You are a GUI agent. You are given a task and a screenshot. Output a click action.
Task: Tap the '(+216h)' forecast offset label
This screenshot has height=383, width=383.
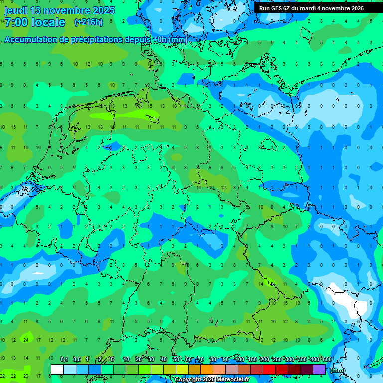click(x=88, y=22)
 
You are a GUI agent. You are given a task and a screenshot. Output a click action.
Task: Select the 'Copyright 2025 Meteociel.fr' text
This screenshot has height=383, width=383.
click(x=211, y=380)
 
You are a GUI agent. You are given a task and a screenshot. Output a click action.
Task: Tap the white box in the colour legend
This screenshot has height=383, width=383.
click(x=57, y=370)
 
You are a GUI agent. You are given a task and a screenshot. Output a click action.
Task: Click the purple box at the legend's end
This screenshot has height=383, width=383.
click(x=319, y=370)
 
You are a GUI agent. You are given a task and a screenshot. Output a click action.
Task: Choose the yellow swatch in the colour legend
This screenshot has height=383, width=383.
click(x=182, y=370)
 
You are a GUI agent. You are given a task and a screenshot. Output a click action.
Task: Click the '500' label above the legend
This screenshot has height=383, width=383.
click(x=327, y=359)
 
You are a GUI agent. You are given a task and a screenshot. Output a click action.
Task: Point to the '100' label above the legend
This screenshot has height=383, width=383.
click(x=240, y=359)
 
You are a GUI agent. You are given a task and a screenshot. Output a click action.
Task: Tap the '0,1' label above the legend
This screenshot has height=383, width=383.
click(x=64, y=359)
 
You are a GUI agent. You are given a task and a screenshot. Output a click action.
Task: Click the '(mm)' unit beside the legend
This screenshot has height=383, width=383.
click(x=337, y=370)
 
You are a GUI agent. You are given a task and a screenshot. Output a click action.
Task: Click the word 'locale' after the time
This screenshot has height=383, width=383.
click(x=48, y=22)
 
